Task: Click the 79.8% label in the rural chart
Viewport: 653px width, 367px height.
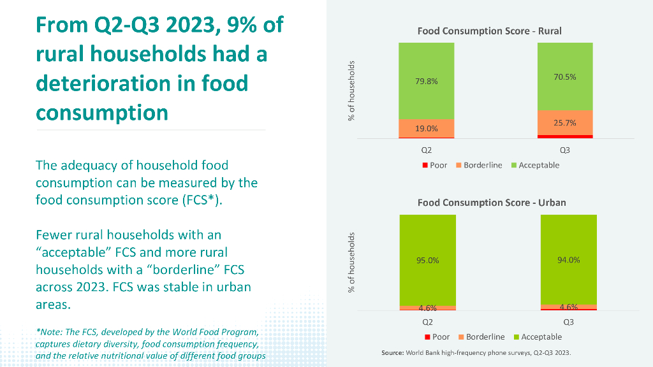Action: click(427, 82)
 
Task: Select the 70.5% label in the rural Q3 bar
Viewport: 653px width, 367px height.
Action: click(565, 77)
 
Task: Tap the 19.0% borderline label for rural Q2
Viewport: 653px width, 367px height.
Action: click(427, 129)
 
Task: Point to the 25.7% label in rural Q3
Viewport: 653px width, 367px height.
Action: click(565, 123)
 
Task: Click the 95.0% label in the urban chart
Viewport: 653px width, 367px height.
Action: click(427, 260)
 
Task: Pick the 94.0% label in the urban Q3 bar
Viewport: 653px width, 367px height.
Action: click(569, 260)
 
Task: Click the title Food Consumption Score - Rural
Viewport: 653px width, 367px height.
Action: click(489, 31)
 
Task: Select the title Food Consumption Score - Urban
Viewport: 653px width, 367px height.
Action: click(492, 203)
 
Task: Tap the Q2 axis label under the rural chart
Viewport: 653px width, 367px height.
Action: click(427, 151)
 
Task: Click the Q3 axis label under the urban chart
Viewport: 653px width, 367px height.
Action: click(569, 322)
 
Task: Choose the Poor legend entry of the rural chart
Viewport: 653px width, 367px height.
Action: click(435, 165)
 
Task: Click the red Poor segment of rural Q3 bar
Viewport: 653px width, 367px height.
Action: click(565, 136)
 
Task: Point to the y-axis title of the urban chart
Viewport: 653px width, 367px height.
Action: click(351, 263)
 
